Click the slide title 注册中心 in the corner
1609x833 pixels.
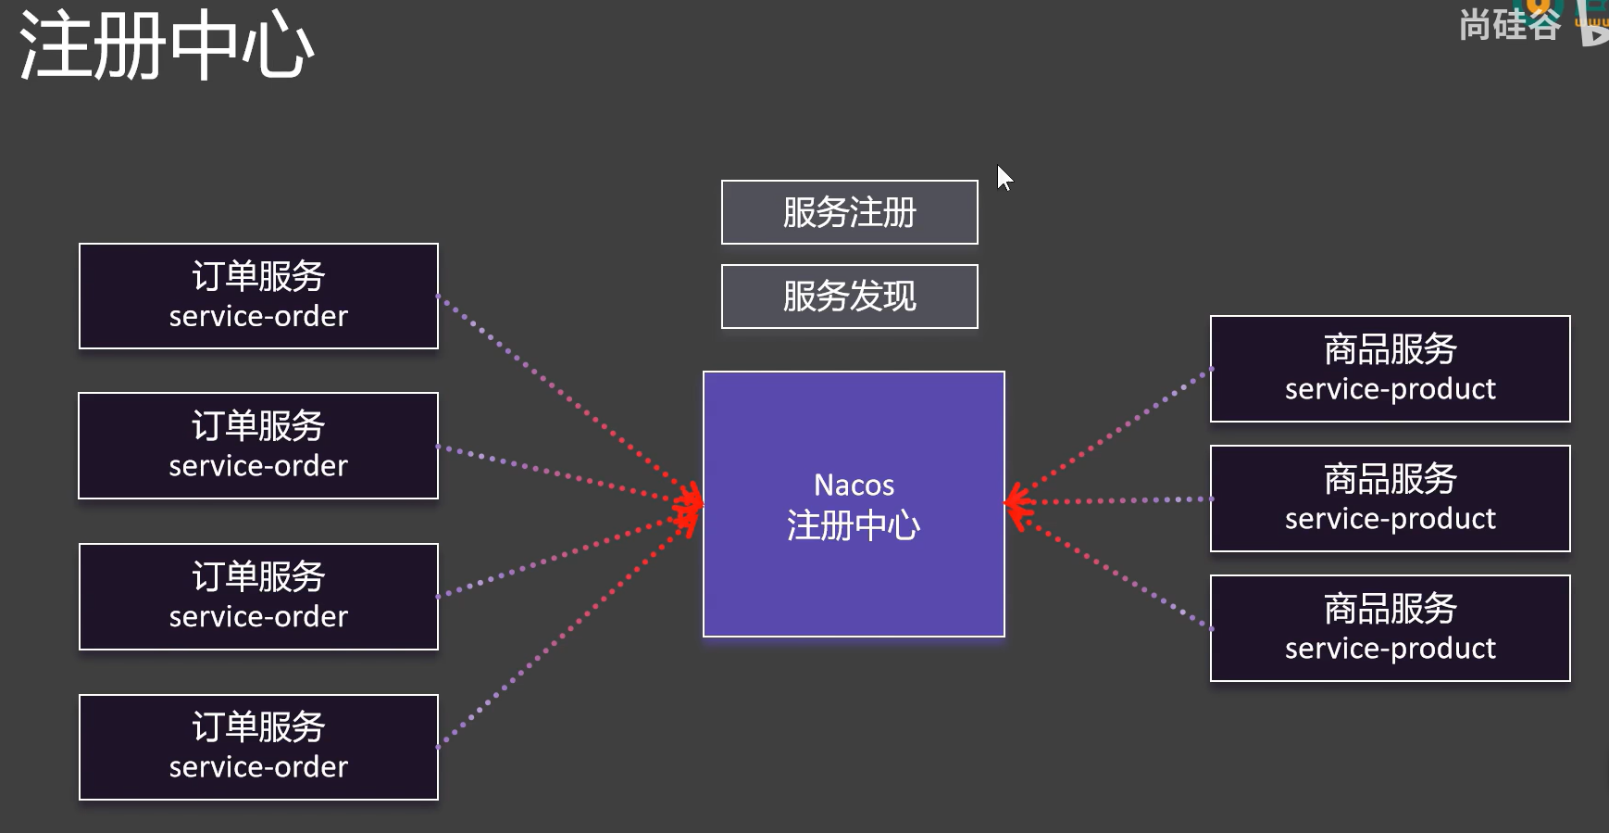(167, 46)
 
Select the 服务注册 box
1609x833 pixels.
(849, 212)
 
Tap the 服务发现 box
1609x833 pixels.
(849, 297)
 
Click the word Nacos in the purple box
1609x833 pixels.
(854, 485)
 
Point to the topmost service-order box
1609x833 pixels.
(258, 297)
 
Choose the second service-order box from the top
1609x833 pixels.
(258, 446)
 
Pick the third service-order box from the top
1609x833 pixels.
(258, 597)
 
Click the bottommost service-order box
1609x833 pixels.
(258, 747)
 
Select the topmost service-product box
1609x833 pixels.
(1390, 369)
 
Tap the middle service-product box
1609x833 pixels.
(1390, 499)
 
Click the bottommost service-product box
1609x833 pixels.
(1390, 628)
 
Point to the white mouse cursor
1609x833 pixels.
(1004, 177)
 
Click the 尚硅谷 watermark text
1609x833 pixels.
(1509, 24)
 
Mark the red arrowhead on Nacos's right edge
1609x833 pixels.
(1017, 503)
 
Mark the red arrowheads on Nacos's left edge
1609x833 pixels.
(690, 505)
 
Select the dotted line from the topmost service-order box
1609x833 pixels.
(555, 389)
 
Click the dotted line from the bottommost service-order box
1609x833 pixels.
(555, 630)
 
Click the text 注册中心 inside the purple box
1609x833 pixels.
(854, 525)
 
